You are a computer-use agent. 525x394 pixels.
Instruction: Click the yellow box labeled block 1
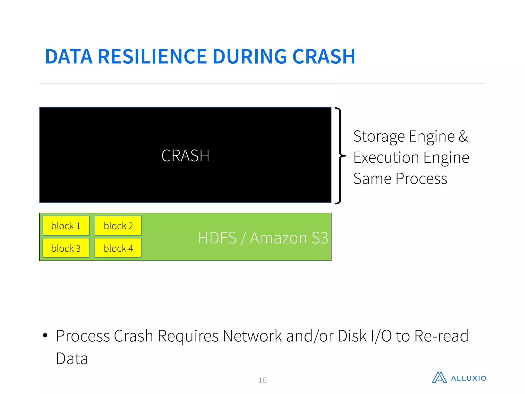(x=66, y=226)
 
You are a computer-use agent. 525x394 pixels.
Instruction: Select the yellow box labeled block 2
(x=118, y=226)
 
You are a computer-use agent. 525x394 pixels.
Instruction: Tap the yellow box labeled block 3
(x=66, y=248)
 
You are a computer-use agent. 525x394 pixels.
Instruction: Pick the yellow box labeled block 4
(x=118, y=248)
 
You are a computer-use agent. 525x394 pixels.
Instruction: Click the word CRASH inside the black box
(x=185, y=156)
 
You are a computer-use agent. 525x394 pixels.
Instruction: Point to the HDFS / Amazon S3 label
(x=263, y=238)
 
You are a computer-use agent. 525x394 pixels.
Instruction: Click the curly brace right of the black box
(x=340, y=155)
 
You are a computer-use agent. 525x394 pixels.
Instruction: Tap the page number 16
(x=262, y=380)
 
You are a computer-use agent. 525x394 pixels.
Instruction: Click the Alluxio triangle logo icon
(x=439, y=377)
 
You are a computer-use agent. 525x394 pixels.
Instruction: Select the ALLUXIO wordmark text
(x=469, y=378)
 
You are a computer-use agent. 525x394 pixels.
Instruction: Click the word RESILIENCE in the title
(x=153, y=57)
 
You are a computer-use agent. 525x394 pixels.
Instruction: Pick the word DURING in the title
(x=250, y=57)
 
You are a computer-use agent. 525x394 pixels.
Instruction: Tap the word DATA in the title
(x=69, y=57)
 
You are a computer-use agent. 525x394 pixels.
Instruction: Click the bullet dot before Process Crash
(x=45, y=335)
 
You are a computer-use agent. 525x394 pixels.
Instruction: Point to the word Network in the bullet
(x=252, y=336)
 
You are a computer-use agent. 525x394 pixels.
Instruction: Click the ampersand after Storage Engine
(x=463, y=136)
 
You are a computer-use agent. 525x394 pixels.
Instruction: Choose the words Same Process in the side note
(x=400, y=179)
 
